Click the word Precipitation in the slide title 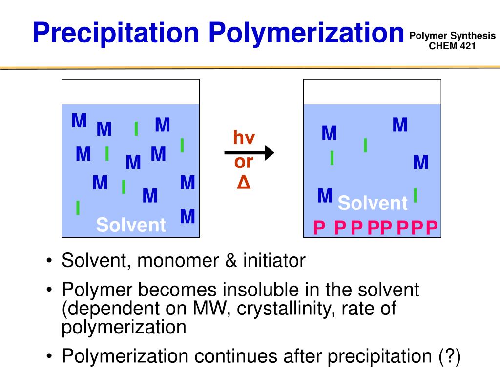(116, 33)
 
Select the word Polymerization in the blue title (306, 33)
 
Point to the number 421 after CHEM (466, 46)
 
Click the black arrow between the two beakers (249, 153)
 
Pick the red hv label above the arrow (244, 138)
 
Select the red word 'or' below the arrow (243, 162)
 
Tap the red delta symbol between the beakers (243, 183)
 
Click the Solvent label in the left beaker (131, 225)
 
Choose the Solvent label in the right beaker (373, 203)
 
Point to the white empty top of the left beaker (130, 91)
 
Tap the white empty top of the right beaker (372, 91)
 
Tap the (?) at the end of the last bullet (449, 357)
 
